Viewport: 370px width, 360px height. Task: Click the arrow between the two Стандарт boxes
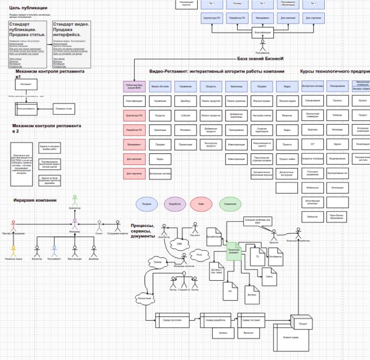50,45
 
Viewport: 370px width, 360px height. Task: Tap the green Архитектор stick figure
75,200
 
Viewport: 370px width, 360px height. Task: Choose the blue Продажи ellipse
147,204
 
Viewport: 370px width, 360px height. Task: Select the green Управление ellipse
230,204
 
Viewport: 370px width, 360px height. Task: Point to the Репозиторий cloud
143,299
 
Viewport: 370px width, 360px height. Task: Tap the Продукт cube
302,322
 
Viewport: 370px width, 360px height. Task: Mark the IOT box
312,143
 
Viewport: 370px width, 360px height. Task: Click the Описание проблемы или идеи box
257,221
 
